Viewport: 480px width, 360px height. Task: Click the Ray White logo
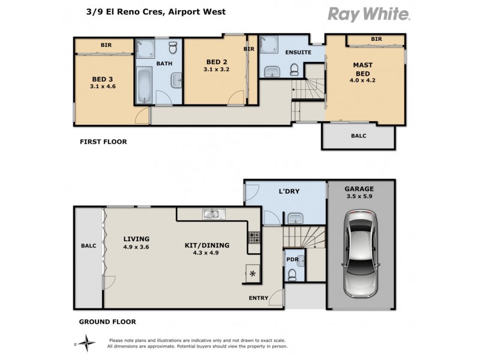pos(368,14)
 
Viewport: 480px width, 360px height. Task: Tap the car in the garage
pos(361,252)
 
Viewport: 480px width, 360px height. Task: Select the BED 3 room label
pos(103,79)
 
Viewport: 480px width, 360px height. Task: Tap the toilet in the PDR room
pos(292,275)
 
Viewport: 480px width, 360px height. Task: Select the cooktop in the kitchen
pos(254,237)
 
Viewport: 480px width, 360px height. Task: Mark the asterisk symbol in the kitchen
pos(253,274)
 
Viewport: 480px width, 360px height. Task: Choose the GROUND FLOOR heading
pos(107,322)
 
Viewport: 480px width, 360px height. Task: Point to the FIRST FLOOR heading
pos(104,142)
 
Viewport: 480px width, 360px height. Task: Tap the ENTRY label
pos(259,298)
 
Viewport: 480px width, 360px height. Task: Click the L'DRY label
pos(289,191)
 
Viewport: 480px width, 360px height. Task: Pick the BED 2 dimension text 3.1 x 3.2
pos(217,70)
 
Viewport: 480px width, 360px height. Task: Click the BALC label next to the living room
pos(89,246)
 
